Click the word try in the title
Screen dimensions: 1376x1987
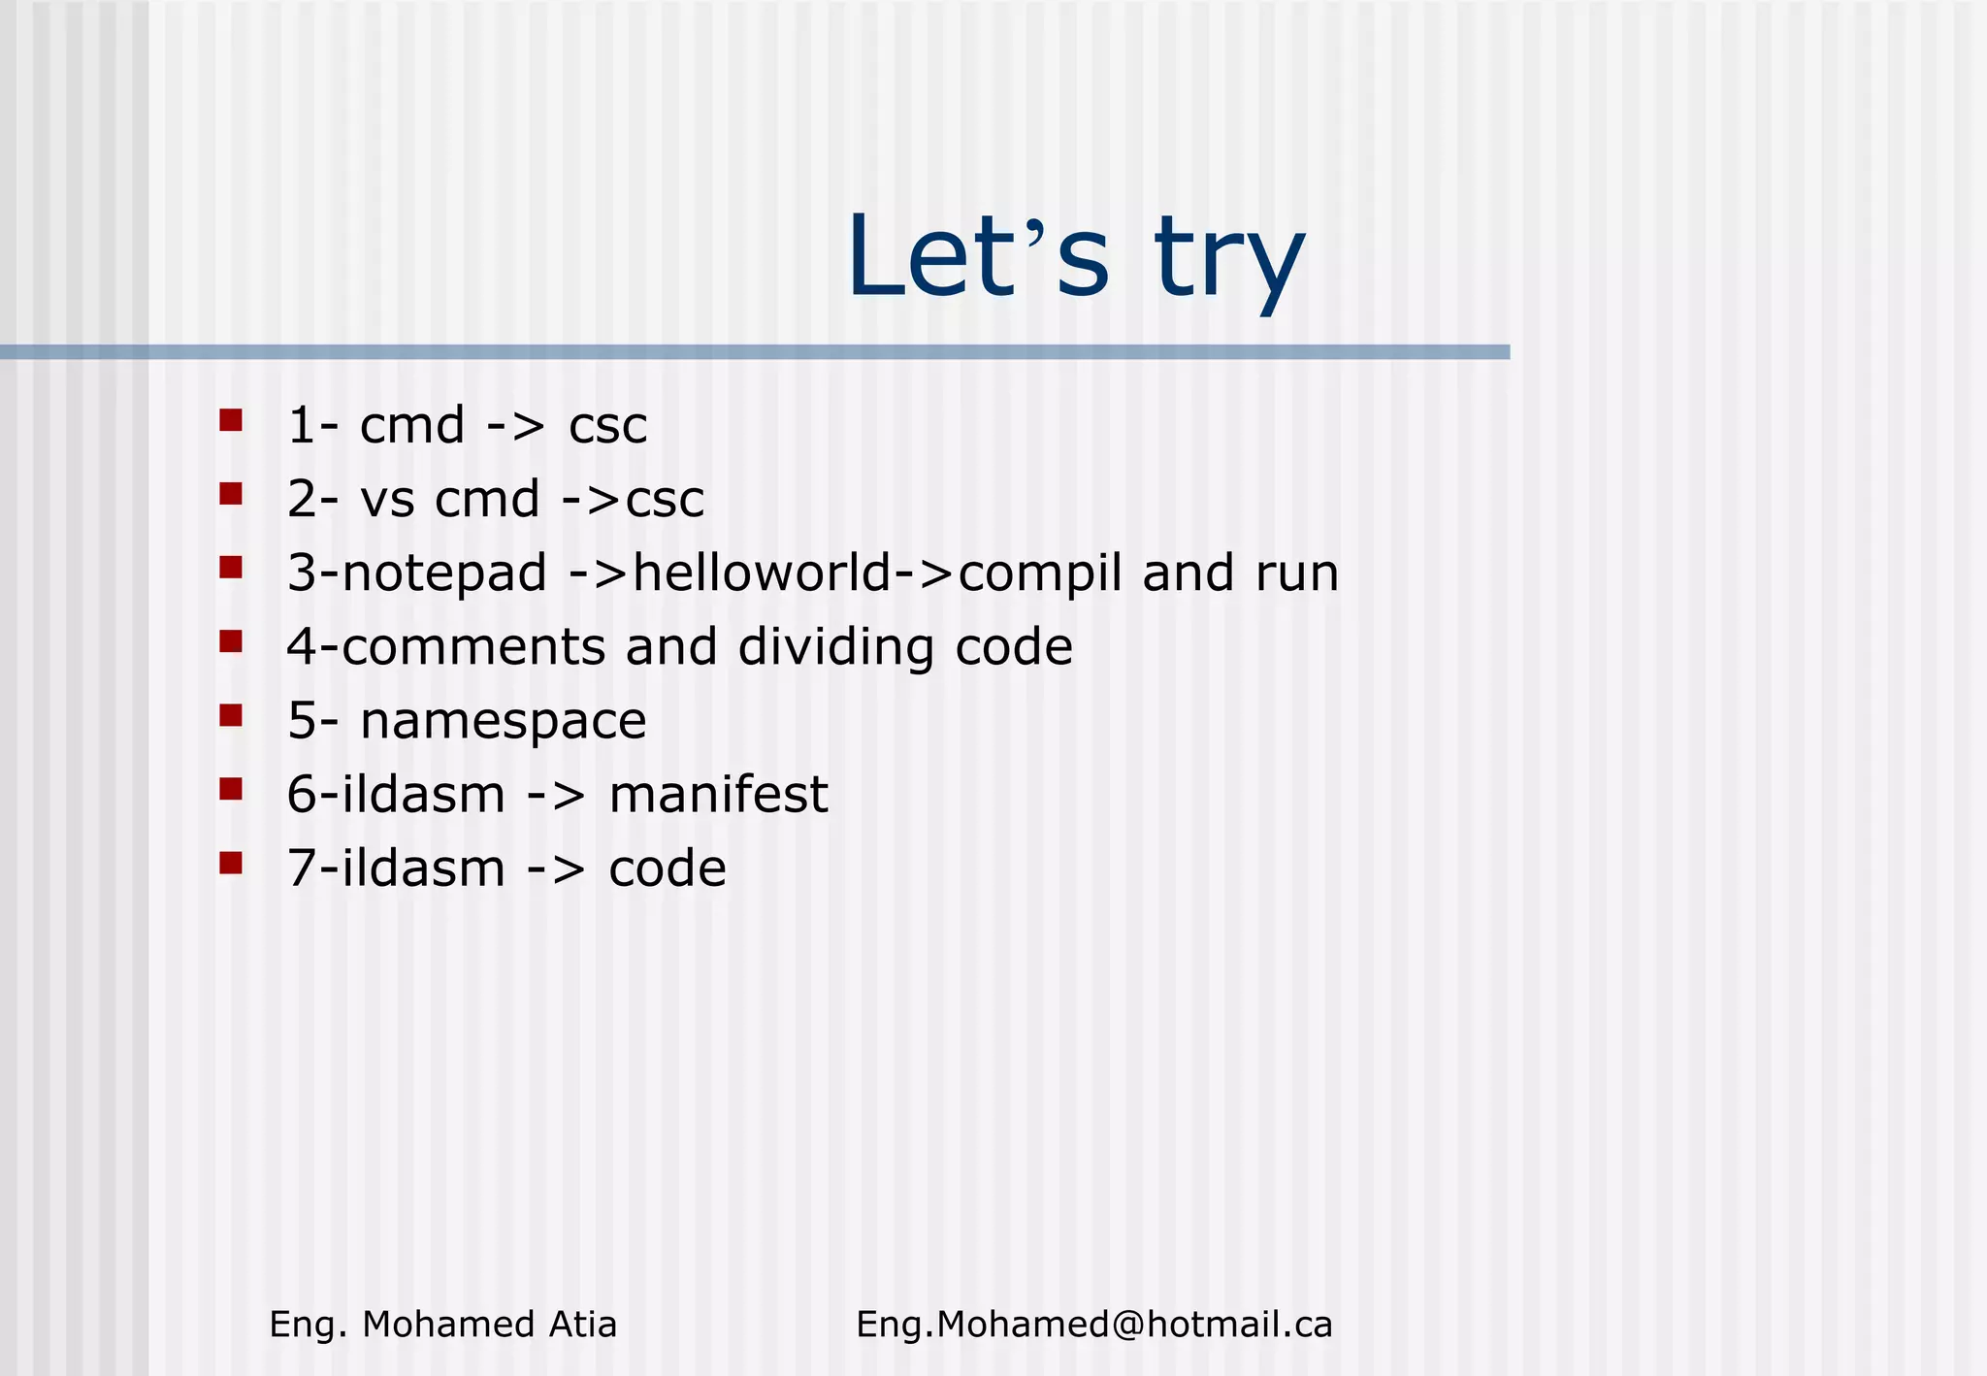coord(1229,258)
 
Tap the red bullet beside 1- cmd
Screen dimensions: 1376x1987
coord(231,420)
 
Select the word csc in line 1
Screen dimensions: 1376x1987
coord(607,426)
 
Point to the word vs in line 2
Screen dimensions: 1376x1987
coord(387,500)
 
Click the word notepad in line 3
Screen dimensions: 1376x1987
coord(444,573)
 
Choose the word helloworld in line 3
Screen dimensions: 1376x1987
coord(762,573)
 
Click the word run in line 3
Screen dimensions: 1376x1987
coord(1297,573)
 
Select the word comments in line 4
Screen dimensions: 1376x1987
coord(474,647)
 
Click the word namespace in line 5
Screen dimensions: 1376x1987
coord(503,722)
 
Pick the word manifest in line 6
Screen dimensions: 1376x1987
coord(718,795)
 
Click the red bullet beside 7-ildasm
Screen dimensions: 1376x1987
coord(231,863)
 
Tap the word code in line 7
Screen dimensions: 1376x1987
coord(668,868)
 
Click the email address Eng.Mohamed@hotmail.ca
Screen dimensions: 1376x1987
coord(1093,1325)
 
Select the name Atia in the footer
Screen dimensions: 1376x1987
coord(582,1325)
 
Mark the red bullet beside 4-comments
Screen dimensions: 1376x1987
coord(231,641)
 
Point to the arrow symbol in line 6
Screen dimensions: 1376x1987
coord(556,796)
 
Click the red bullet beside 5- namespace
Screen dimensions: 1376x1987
coord(231,715)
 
